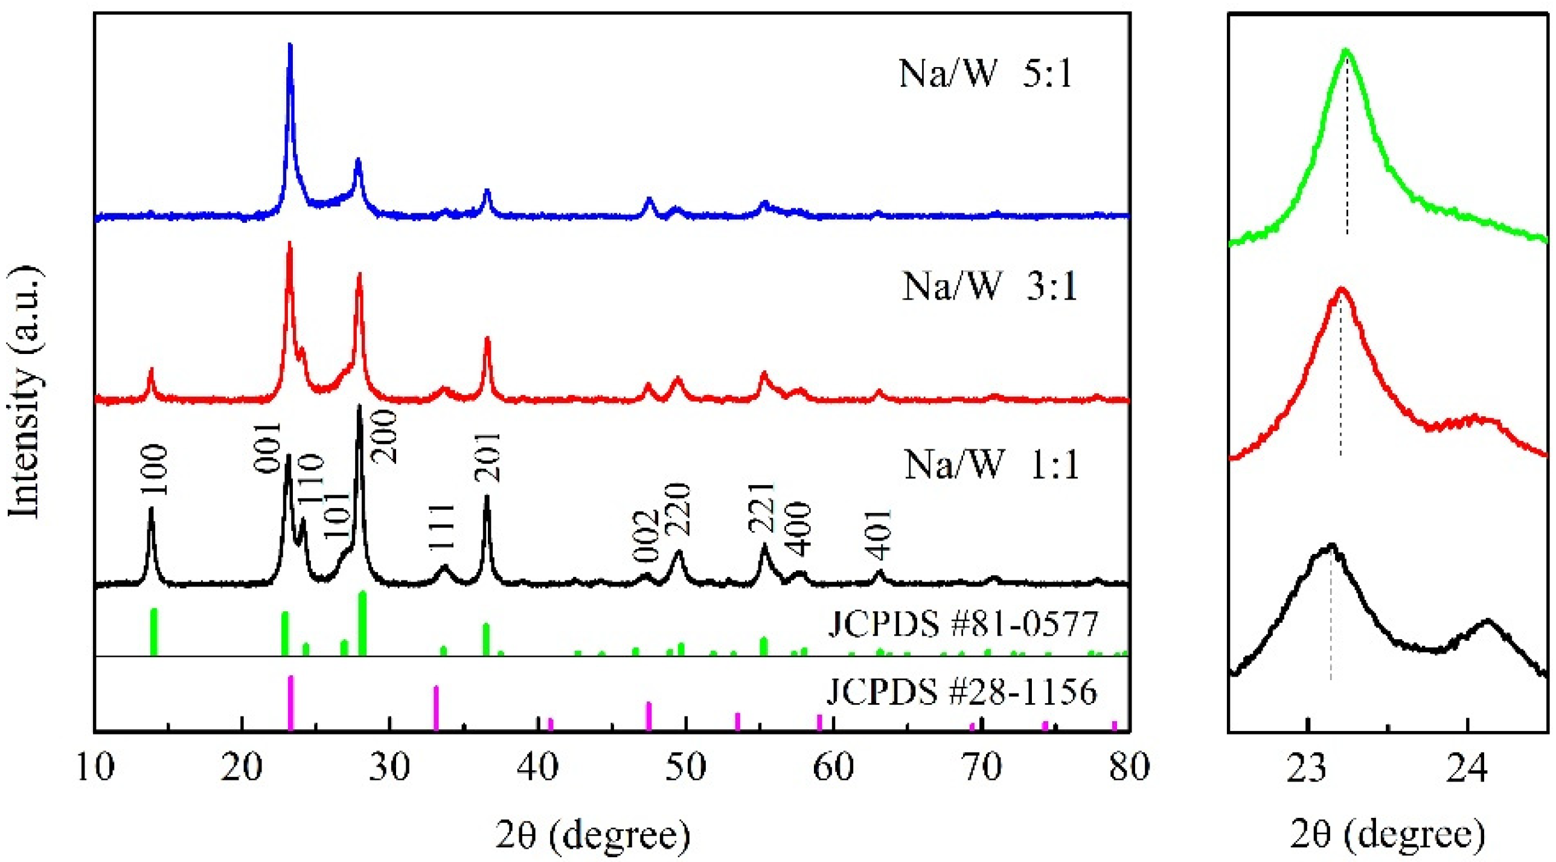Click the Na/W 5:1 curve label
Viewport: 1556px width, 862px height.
coord(985,76)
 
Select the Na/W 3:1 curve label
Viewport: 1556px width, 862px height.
coord(990,286)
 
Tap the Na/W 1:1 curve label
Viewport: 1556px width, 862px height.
coord(991,466)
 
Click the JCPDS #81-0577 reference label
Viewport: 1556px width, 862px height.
coord(962,625)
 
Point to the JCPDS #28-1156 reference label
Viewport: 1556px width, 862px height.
coord(961,692)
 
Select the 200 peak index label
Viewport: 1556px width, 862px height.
coord(384,437)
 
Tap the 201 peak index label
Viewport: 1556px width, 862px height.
coord(487,457)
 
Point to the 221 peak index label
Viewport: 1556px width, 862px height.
coord(760,508)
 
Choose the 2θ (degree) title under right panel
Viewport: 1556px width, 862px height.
coord(1388,836)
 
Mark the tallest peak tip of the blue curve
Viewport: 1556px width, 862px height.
coord(290,45)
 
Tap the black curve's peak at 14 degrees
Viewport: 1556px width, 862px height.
coord(151,509)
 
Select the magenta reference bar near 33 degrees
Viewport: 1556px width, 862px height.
coord(435,708)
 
